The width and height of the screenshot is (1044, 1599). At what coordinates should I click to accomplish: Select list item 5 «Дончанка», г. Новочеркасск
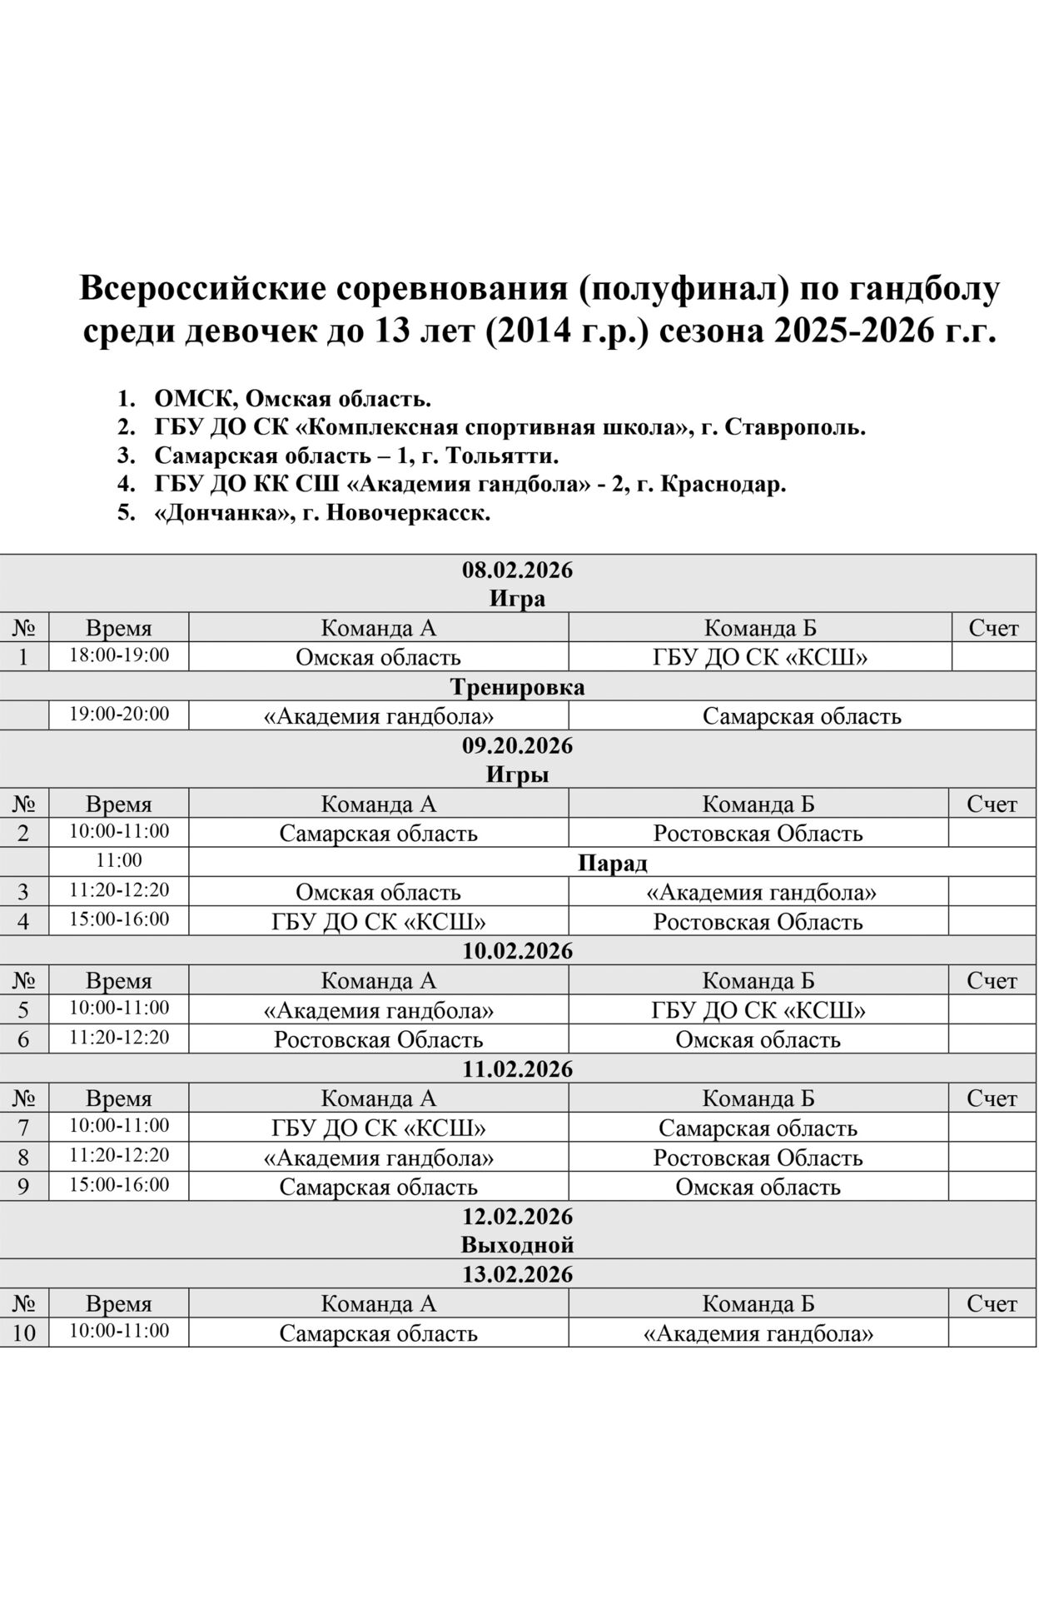(x=322, y=513)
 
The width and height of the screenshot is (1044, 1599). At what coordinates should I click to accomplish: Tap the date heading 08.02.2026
(x=517, y=570)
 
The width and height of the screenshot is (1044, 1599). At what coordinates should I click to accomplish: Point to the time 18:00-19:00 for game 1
(x=119, y=655)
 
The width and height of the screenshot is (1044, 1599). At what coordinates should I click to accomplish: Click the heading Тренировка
(x=517, y=687)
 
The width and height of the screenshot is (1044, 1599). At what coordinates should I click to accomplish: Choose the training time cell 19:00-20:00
(x=119, y=715)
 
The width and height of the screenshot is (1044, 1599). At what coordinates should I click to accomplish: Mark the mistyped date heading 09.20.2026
(x=517, y=745)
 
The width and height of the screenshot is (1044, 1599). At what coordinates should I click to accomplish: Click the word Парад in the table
(x=612, y=863)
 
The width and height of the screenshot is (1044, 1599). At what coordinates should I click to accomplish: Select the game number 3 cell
(x=23, y=892)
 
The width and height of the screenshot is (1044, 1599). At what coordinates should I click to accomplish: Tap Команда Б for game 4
(x=758, y=922)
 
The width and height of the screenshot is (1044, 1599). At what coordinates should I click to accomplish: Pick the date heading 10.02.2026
(x=517, y=951)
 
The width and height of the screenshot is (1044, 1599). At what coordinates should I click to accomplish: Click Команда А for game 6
(x=378, y=1039)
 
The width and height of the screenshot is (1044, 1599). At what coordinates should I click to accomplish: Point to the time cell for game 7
(x=119, y=1126)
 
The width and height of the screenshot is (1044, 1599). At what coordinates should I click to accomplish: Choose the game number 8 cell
(x=23, y=1158)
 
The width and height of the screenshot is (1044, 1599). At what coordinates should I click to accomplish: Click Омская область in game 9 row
(x=758, y=1187)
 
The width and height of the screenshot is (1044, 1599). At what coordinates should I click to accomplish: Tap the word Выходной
(x=517, y=1245)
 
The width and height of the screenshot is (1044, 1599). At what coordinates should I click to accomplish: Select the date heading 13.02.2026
(x=517, y=1274)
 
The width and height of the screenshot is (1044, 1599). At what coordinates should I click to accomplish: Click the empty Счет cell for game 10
(x=992, y=1333)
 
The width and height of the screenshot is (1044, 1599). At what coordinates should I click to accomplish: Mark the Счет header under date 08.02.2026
(x=993, y=628)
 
